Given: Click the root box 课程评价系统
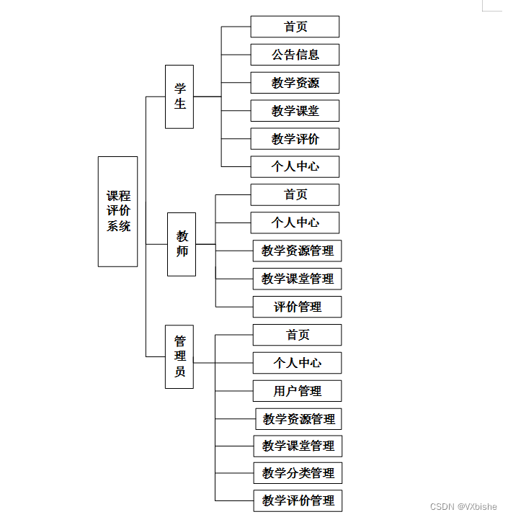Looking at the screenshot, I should pos(117,211).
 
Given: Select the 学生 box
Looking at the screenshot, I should pos(179,96).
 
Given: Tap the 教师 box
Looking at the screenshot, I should pos(182,244).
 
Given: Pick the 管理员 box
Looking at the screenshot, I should pos(179,356).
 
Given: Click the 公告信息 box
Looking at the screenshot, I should pos(295,55).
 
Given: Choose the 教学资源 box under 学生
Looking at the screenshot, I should pos(295,83).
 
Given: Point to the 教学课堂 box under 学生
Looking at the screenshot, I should pos(295,111).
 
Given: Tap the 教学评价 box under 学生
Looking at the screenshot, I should pos(295,139).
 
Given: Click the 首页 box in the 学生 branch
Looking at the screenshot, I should pos(295,27).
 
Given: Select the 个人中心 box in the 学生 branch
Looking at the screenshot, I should pos(295,166).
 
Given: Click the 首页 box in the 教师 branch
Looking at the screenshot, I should pos(295,194).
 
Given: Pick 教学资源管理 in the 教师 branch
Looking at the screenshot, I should pos(297,251).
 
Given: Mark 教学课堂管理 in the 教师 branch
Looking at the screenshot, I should pos(297,279).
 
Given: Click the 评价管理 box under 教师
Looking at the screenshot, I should pos(297,307).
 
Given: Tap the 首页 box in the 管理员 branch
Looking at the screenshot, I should pos(297,335).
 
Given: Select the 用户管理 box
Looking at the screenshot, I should pos(297,391).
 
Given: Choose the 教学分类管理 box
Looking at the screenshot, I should pos(298,473).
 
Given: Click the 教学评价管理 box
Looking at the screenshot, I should pos(298,500).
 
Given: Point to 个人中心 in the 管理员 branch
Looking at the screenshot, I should pos(297,363).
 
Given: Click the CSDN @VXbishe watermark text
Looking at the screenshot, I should pos(463,506).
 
